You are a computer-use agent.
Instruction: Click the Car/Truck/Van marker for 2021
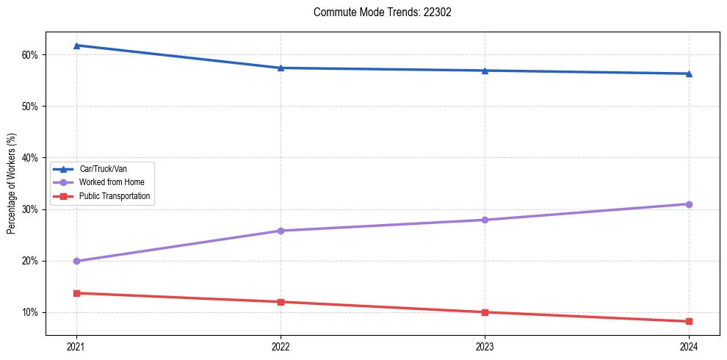coord(76,46)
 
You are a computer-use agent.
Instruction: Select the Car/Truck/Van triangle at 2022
coord(281,68)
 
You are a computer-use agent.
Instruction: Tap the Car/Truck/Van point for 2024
coord(689,73)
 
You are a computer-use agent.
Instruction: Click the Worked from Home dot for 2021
coord(76,261)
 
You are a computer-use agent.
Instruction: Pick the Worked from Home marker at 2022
coord(281,231)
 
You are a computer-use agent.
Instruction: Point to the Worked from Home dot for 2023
coord(485,220)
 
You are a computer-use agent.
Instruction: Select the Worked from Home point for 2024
coord(689,204)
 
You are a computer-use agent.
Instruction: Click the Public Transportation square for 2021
coord(76,293)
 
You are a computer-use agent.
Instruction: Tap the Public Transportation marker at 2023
coord(485,312)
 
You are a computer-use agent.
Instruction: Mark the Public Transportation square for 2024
coord(689,321)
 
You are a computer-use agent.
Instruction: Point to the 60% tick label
coord(29,55)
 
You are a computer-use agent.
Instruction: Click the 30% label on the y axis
coord(29,209)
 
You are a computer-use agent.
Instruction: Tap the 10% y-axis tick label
coord(29,312)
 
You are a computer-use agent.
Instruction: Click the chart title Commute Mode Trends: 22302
coord(377,12)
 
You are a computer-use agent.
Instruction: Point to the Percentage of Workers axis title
coord(11,184)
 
